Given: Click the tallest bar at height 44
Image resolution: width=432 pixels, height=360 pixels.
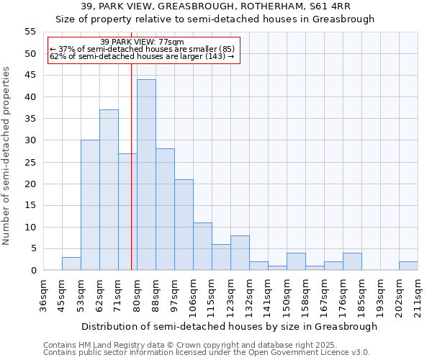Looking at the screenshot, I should [x=146, y=175].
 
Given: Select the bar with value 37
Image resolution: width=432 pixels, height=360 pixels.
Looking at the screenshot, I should [x=109, y=190].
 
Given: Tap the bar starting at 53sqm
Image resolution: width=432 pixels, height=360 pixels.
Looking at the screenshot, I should [x=90, y=205].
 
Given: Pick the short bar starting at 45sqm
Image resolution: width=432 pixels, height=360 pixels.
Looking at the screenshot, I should [x=71, y=264].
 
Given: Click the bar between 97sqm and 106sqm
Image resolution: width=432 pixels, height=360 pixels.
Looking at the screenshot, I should [x=184, y=225].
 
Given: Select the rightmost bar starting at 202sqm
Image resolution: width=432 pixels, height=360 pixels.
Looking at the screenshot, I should [x=408, y=266].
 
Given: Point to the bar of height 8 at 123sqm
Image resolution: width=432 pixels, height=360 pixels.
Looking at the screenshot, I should [x=240, y=253].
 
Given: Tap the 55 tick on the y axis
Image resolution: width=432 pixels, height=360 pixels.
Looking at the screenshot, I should [x=30, y=32].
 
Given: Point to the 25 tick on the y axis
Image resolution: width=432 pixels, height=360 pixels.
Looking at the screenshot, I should [x=30, y=162].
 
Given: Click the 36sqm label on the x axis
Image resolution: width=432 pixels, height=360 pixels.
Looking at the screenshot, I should [x=43, y=295].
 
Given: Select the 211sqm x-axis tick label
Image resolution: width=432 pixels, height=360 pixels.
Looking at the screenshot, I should [x=418, y=295].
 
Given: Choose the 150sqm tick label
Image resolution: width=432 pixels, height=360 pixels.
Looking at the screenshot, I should [x=287, y=295].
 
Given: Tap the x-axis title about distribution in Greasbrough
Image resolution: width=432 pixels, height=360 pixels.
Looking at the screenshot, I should [x=229, y=326].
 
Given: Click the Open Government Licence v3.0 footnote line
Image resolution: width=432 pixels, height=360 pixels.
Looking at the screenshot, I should [x=207, y=352].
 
